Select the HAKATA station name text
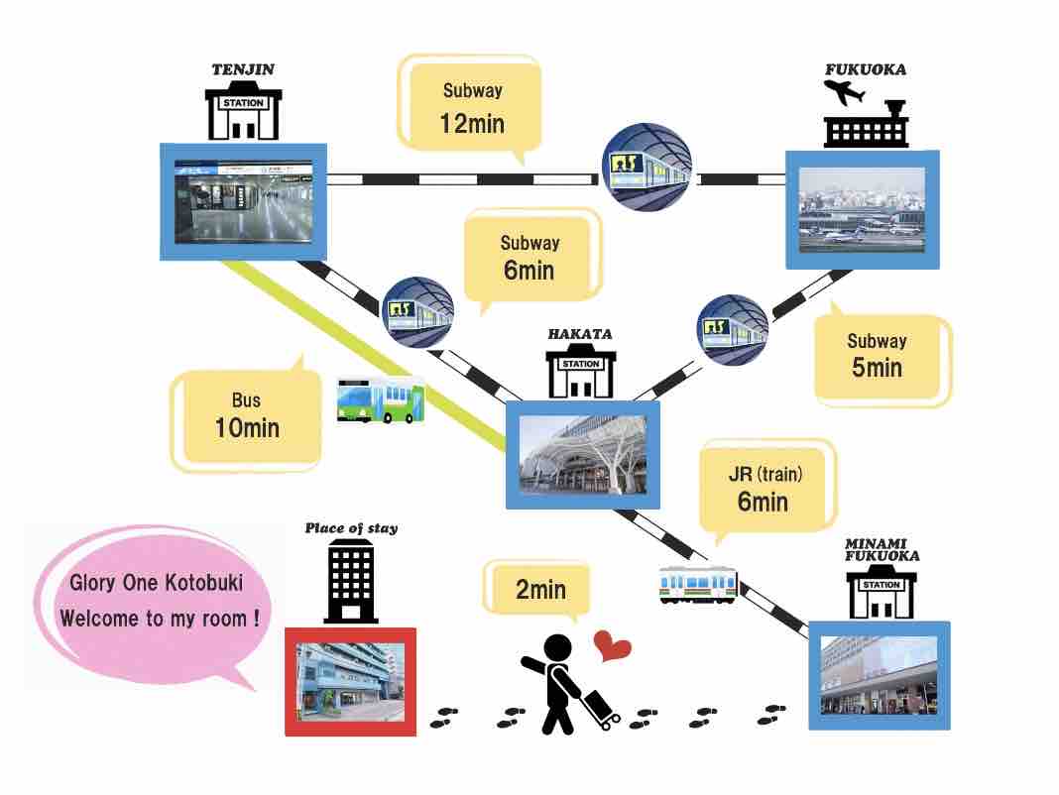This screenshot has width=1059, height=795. point(580,334)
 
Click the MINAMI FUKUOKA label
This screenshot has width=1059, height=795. point(882,549)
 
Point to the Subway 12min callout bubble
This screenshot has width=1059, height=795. point(473,107)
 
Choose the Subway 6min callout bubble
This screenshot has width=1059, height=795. point(530,257)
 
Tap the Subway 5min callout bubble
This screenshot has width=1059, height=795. point(877,355)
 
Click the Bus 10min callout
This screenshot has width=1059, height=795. point(247,415)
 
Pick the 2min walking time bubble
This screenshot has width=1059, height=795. point(538,590)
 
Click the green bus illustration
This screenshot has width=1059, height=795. point(381,399)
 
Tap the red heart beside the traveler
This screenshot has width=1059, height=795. point(613,647)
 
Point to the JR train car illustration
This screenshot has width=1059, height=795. point(699,584)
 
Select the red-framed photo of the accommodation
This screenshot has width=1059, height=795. point(350,681)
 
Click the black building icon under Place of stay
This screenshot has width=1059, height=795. point(350,580)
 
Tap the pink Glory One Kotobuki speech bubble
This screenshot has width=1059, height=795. point(156,601)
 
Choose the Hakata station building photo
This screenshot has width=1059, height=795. point(583,455)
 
